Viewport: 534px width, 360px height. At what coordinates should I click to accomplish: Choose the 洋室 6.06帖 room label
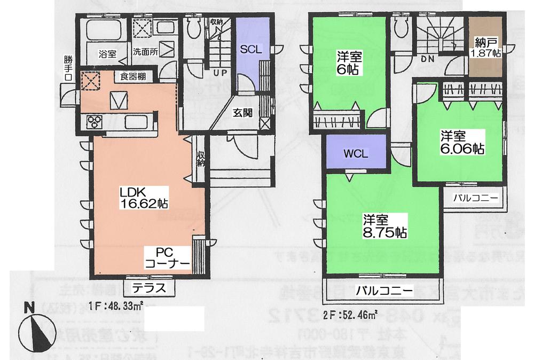click(462, 142)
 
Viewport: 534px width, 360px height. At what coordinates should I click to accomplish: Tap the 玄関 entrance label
click(244, 113)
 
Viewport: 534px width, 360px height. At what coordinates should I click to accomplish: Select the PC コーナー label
click(167, 257)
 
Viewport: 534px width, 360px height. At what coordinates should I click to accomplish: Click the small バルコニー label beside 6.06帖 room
click(475, 198)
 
